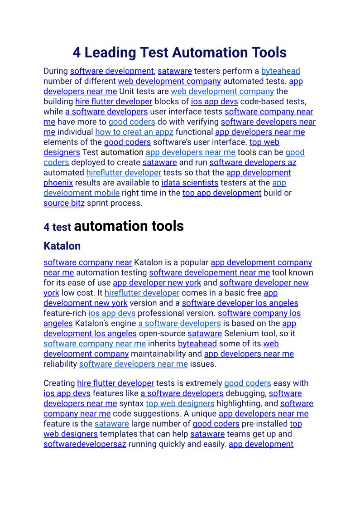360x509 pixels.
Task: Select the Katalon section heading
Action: coord(62,246)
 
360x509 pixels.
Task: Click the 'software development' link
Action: coord(112,71)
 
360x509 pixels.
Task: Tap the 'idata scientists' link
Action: coord(190,183)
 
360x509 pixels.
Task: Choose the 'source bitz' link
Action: coord(64,203)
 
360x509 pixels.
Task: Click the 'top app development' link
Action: coord(222,193)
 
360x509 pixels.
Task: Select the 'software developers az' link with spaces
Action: coord(253,162)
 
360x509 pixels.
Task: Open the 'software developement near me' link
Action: coord(209,272)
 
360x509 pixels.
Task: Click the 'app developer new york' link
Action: coord(157,283)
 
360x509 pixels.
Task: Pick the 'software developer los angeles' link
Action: coord(240,303)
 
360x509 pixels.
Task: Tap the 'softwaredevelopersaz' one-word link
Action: coord(85,444)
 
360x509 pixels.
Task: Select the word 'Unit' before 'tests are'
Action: coord(128,92)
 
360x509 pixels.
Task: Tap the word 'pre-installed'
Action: coord(264,424)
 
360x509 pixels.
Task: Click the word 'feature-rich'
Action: coord(65,313)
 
